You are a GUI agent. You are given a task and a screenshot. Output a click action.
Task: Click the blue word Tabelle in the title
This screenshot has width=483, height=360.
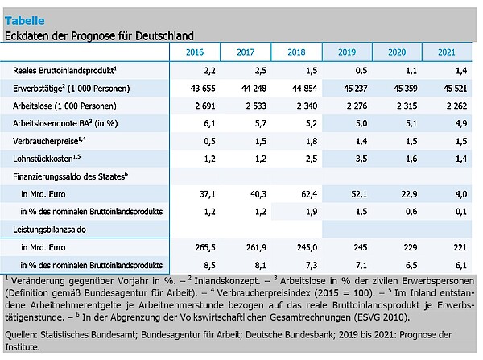coord(25,21)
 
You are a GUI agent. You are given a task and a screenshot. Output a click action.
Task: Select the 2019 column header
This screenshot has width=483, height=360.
coord(347,52)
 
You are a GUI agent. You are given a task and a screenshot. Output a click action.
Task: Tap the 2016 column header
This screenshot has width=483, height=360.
coord(195,52)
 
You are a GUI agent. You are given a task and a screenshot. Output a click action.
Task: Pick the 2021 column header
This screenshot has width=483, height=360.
coord(447,52)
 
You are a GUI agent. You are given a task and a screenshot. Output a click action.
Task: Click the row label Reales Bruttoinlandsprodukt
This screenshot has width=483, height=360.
coord(64,71)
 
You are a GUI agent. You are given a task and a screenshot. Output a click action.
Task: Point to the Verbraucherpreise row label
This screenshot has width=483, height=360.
coord(49,141)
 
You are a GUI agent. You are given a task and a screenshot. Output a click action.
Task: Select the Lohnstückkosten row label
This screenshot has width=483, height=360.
coord(47,159)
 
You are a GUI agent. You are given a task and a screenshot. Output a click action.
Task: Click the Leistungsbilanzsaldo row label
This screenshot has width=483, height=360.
coord(49,230)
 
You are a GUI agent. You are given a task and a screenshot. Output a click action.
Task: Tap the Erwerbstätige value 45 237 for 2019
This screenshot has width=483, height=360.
coord(356,89)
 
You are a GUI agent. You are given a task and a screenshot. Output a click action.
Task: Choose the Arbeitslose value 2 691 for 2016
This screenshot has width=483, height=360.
coord(205,106)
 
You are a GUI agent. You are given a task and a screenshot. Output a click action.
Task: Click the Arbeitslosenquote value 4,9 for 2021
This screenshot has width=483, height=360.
coord(461,123)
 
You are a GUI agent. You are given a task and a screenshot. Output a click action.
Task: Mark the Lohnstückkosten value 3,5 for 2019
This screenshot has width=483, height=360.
coord(361,159)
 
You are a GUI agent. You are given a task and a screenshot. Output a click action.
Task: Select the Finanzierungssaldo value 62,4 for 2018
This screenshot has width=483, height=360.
coord(309,194)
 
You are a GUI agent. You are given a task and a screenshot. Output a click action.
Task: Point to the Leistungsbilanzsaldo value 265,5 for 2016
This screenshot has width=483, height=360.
coord(205,247)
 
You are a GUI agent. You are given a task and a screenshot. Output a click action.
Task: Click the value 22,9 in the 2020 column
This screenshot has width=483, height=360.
coord(409,194)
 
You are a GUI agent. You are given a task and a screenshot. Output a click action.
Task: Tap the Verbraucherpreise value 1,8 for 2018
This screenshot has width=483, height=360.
coord(312,141)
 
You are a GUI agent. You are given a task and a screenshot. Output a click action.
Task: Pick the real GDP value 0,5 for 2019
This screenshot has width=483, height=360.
coord(361,71)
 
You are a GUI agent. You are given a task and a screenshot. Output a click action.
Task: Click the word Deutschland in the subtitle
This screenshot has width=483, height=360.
coord(164,35)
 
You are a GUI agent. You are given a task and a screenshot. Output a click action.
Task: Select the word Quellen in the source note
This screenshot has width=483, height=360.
coord(21,334)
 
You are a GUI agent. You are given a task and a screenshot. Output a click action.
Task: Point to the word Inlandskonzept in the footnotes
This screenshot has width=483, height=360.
coord(227,281)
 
